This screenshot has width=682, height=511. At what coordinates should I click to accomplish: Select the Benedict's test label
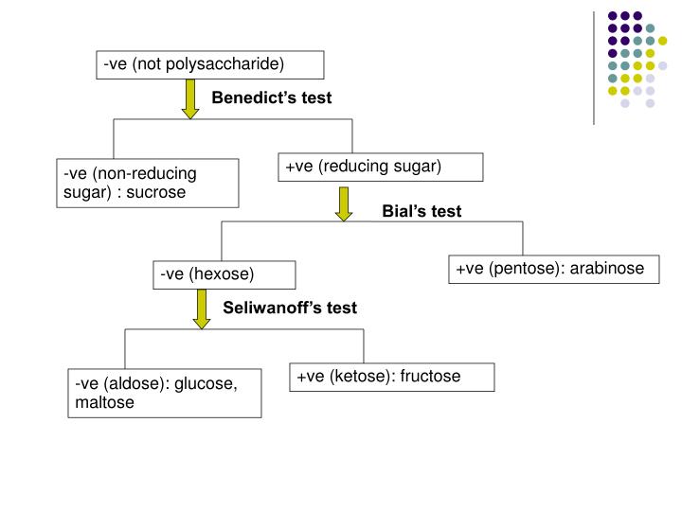point(271,98)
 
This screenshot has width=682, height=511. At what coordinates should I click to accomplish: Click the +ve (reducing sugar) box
point(381,167)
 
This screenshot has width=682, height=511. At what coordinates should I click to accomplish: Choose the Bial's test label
point(422,212)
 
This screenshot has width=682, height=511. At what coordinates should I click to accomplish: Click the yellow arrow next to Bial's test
point(344,203)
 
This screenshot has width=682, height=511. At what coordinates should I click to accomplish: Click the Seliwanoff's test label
point(290,308)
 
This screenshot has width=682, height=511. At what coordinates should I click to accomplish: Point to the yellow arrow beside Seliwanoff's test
point(202,309)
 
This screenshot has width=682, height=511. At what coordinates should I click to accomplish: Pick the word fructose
point(430,377)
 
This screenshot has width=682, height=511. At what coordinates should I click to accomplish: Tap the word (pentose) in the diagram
point(525,269)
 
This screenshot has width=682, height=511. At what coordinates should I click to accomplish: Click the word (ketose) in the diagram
point(363,377)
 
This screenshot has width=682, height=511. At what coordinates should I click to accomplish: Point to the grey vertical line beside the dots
point(593,66)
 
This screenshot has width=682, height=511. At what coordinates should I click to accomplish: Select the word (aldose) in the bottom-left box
point(138,384)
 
